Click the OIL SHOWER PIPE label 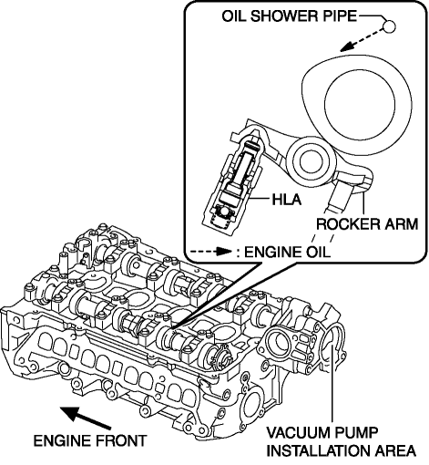[289, 15]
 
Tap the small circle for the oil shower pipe [389, 26]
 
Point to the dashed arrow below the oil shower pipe [361, 39]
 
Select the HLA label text [287, 200]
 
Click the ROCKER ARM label [367, 224]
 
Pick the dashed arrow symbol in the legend [211, 252]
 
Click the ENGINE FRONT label [90, 440]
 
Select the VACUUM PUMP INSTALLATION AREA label [341, 441]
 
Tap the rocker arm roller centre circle [312, 161]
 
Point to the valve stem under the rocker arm [336, 197]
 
